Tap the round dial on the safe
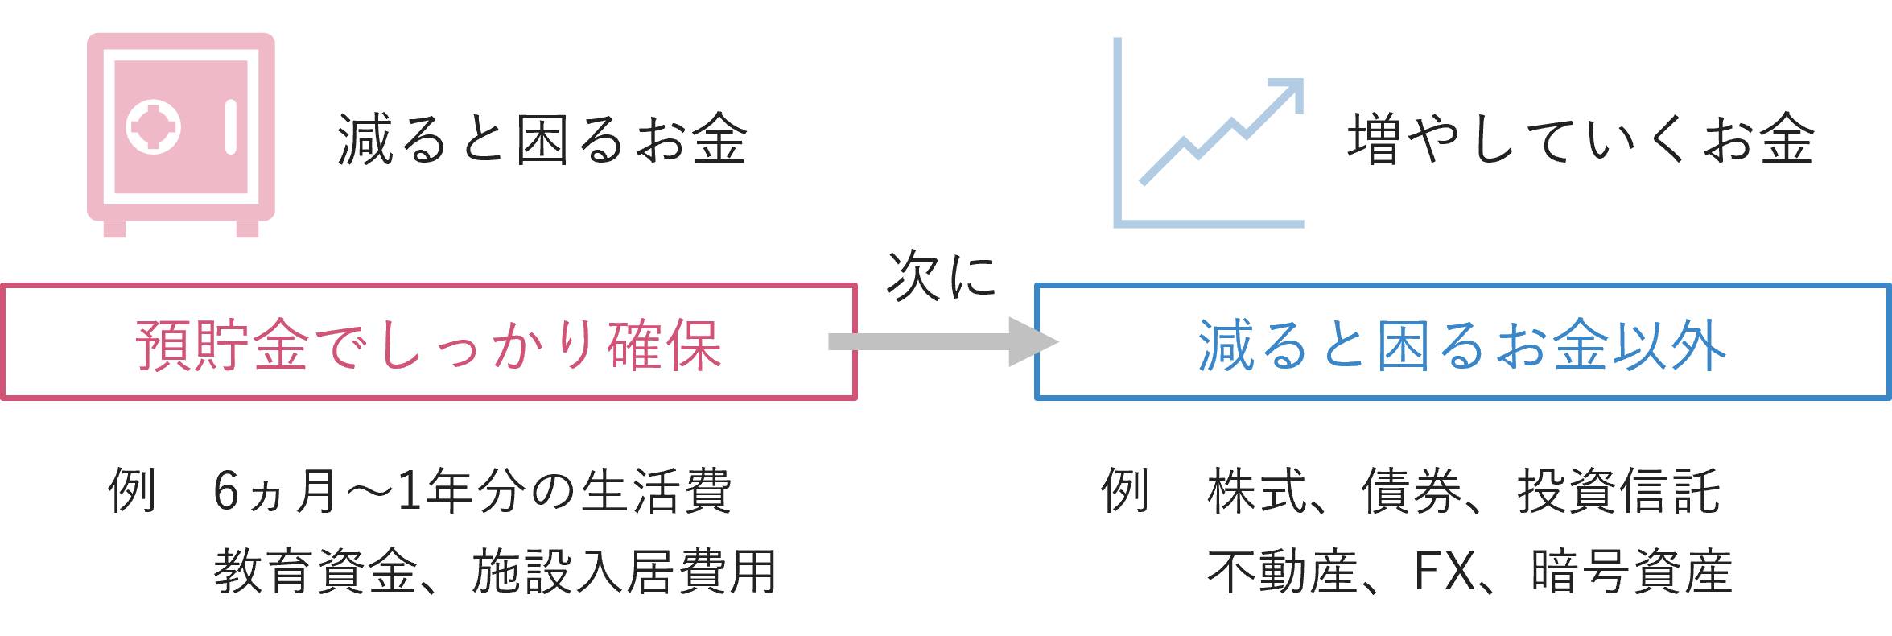click(x=154, y=127)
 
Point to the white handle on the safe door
click(x=231, y=127)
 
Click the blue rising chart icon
click(x=1207, y=133)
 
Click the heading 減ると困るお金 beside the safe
click(x=542, y=139)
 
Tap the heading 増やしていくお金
click(x=1580, y=139)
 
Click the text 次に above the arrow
click(x=941, y=276)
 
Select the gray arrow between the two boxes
click(x=942, y=342)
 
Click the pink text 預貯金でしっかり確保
click(x=428, y=345)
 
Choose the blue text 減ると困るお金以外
click(x=1461, y=345)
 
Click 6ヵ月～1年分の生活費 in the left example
click(x=472, y=491)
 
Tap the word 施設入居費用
click(x=624, y=572)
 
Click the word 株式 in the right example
click(x=1256, y=491)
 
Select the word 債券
click(x=1411, y=491)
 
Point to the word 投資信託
click(x=1618, y=491)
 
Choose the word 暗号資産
click(x=1631, y=572)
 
